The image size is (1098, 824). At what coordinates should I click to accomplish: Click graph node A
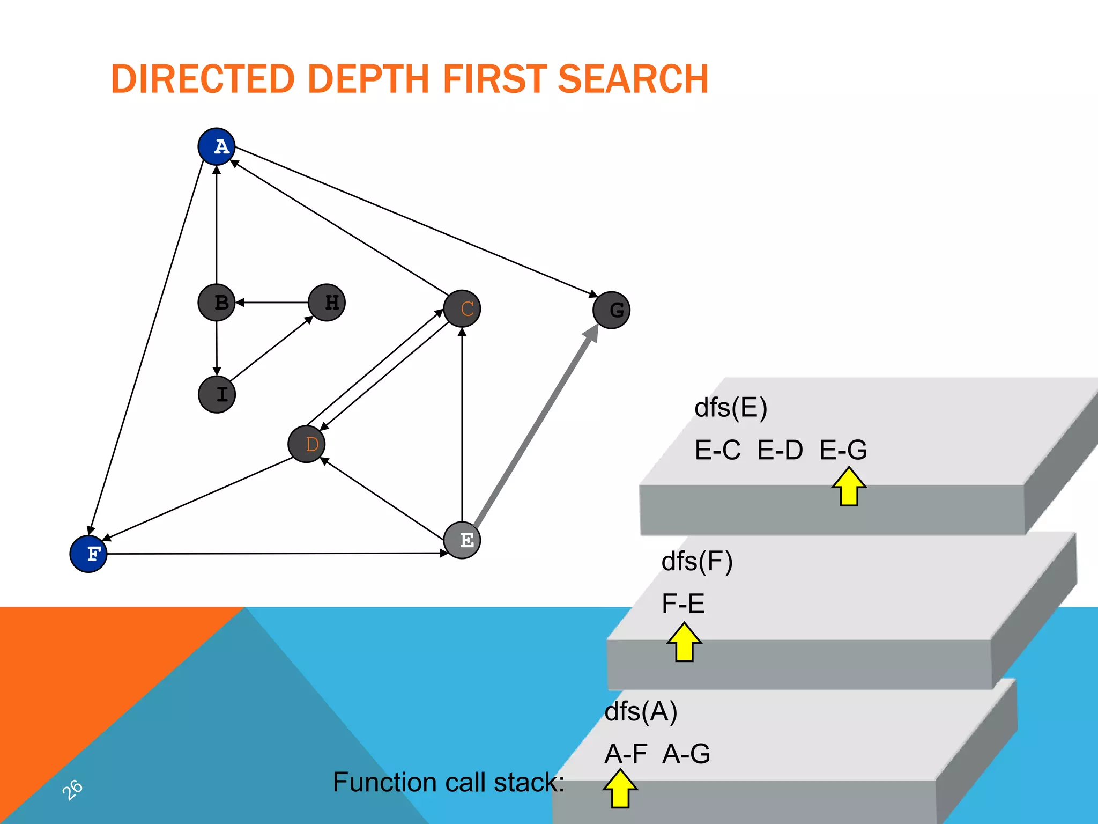coord(217,146)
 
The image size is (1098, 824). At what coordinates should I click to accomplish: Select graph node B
coord(217,303)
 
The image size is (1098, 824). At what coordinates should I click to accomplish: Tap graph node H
coord(327,303)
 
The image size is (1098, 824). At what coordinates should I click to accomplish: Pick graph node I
coord(217,395)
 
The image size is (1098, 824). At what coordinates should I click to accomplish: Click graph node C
coord(462,309)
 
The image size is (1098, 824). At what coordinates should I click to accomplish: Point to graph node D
coord(307,444)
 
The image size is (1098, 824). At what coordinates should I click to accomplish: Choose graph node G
coord(612,310)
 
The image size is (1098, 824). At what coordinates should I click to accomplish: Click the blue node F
coord(88,554)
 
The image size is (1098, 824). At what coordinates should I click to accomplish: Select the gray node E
coord(462,540)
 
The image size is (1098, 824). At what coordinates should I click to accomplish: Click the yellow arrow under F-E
coord(684,642)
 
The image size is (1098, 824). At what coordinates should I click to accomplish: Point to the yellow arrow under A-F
coord(620,788)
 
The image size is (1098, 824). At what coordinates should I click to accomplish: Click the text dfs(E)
coord(731,408)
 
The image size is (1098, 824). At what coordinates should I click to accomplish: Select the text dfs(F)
coord(697,562)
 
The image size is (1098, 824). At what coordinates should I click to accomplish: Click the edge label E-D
coord(780,450)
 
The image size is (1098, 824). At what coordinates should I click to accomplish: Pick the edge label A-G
coord(686,754)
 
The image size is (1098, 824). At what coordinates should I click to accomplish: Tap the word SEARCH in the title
coord(633,79)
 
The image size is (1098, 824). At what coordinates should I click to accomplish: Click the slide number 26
coord(72,789)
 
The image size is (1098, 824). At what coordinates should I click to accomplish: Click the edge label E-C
coord(717,450)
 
